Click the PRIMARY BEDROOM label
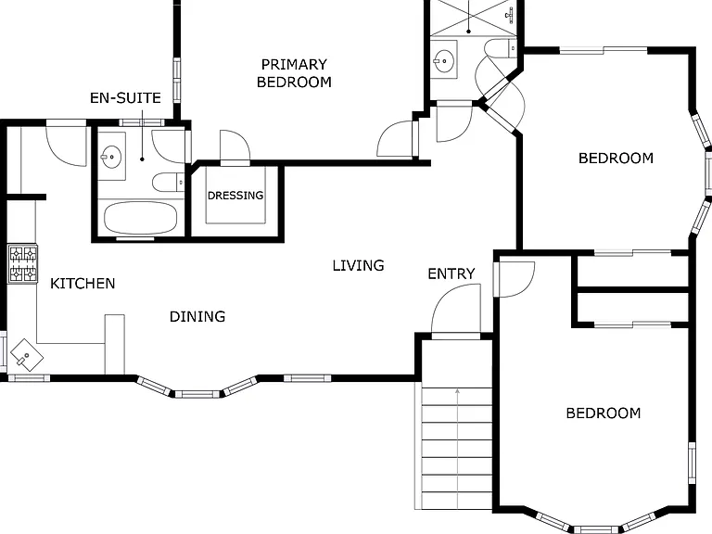click(294, 73)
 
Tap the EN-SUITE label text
click(125, 98)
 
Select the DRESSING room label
click(235, 196)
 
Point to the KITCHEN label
click(83, 284)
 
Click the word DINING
click(197, 316)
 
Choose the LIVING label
click(358, 265)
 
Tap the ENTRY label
click(451, 273)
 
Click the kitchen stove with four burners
click(22, 264)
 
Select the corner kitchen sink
click(27, 355)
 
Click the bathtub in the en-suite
click(140, 218)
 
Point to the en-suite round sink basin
click(111, 157)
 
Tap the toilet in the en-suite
click(169, 183)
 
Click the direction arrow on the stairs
click(458, 449)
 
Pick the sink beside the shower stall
click(443, 59)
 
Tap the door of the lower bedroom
click(514, 280)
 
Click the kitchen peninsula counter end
click(114, 344)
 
